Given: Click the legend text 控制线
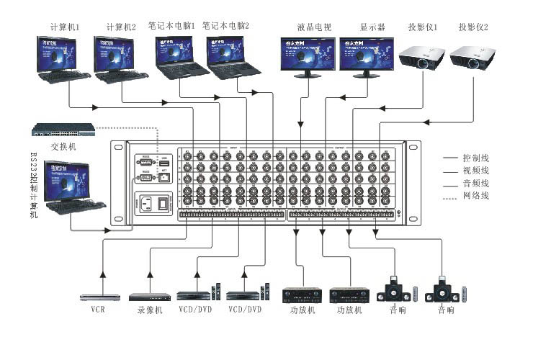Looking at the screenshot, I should coord(476,156).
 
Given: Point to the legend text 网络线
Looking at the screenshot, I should coord(476,195).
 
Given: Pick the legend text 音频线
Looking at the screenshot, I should coord(476,182).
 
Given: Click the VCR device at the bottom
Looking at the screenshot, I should coord(99,297).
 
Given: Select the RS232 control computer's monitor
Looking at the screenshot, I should coord(73,181).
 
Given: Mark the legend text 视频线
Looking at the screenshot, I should coord(476,170).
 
